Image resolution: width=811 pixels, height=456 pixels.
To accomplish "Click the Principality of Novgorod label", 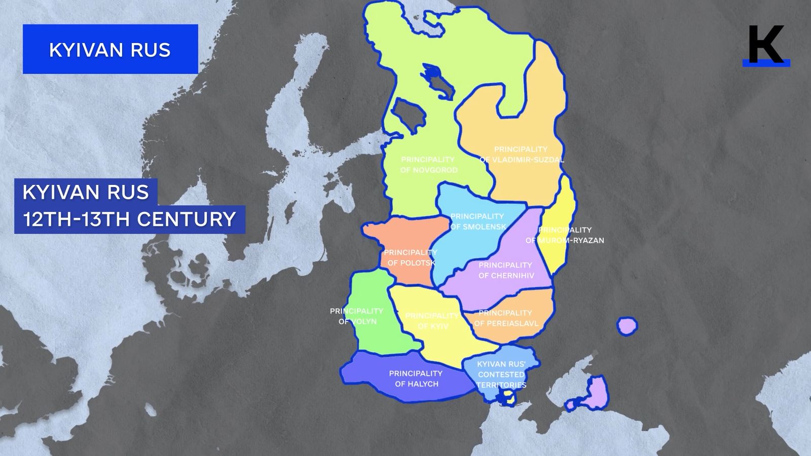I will coord(428,165).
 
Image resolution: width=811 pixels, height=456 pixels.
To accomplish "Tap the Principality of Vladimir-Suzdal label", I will coord(521,155).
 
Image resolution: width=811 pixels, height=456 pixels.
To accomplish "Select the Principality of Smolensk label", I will coord(477,221).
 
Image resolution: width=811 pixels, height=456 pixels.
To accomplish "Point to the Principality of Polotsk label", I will coord(411,257).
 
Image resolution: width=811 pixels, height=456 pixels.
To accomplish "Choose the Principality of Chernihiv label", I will coord(505,270).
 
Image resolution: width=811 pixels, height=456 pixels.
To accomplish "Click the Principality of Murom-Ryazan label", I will coord(565,235).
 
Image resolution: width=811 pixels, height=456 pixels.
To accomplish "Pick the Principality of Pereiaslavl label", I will coord(505,318).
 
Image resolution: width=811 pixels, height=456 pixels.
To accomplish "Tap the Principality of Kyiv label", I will coord(432,321).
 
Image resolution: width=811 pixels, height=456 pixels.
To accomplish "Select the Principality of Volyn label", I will coord(357,316).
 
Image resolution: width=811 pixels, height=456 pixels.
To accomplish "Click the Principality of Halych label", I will coord(416,378).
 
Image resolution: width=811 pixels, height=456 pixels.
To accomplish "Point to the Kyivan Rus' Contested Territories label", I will coord(501,374).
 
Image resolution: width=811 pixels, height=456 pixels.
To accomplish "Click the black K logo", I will coord(766,46).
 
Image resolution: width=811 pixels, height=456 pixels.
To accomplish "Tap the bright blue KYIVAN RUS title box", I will coord(110,49).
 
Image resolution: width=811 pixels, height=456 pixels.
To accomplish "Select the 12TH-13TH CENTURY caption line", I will coord(130,219).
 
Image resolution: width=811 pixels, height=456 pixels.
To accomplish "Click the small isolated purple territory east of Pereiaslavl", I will coord(628,325).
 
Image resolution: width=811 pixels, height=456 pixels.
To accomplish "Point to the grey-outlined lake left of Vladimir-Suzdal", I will coord(410,113).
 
